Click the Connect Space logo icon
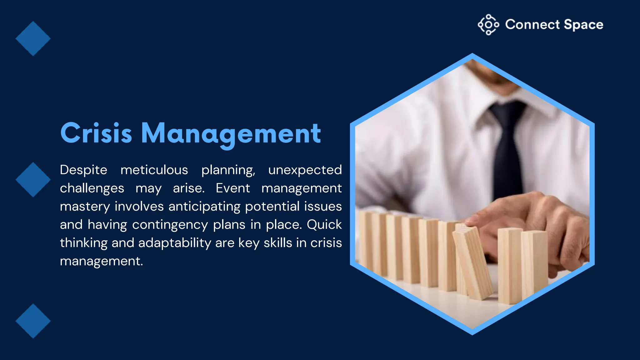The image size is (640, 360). click(x=488, y=25)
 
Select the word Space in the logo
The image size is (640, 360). click(x=583, y=25)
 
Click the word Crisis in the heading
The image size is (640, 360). click(x=96, y=133)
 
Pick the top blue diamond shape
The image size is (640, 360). click(x=33, y=39)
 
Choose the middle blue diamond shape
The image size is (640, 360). click(x=33, y=180)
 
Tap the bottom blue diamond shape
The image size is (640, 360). click(x=33, y=321)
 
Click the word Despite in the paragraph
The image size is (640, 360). click(x=83, y=170)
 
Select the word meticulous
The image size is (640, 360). click(x=154, y=170)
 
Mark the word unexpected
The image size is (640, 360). click(x=305, y=170)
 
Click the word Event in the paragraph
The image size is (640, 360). click(x=233, y=188)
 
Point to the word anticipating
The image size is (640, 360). click(x=204, y=207)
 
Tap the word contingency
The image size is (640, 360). click(x=170, y=225)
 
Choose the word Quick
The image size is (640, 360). click(x=324, y=225)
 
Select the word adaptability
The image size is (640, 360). click(x=175, y=243)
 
